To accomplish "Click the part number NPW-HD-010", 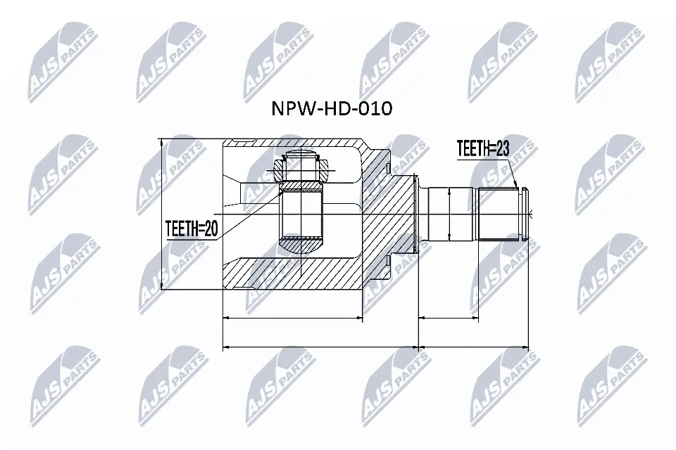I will pos(331,109).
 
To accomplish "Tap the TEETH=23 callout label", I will pos(483,148).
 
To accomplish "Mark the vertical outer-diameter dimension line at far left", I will pos(163,214).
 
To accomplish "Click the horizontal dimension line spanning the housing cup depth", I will pos(292,319).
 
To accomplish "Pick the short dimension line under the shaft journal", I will pos(449,319).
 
